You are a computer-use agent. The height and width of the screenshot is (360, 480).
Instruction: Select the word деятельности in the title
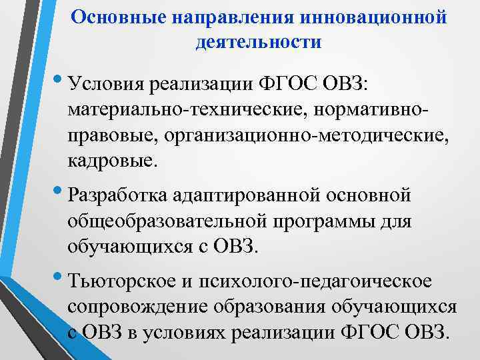tap(259, 43)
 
